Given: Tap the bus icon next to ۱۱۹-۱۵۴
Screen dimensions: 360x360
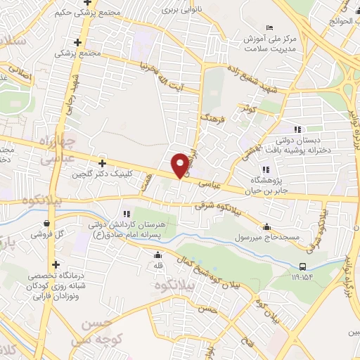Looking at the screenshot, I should pyautogui.click(x=303, y=266).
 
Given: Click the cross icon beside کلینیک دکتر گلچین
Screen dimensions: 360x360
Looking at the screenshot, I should pyautogui.click(x=103, y=163).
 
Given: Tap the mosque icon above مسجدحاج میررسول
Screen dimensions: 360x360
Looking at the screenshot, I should pyautogui.click(x=266, y=226).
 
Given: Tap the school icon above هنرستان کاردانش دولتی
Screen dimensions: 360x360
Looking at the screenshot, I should pyautogui.click(x=127, y=214).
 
